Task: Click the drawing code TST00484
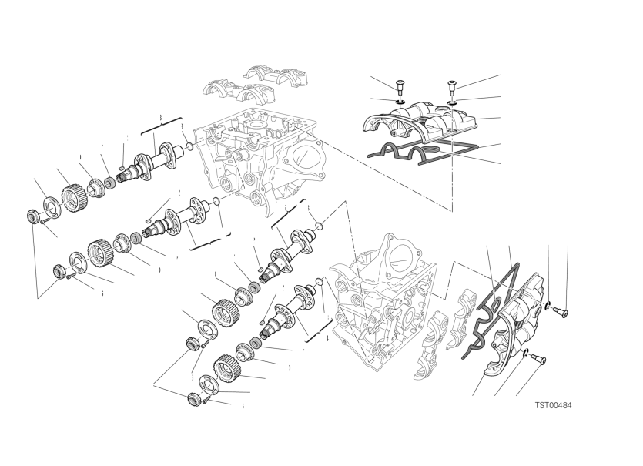click(553, 405)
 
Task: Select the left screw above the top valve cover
click(400, 87)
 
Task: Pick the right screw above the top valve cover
click(451, 87)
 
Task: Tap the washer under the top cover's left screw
click(400, 100)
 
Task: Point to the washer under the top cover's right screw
click(452, 101)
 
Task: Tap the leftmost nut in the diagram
click(32, 216)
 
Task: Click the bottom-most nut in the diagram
click(193, 399)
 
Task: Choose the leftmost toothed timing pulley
click(72, 196)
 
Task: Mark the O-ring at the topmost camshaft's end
click(189, 146)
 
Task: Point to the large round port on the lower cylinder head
click(399, 259)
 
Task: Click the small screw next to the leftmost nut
click(45, 221)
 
